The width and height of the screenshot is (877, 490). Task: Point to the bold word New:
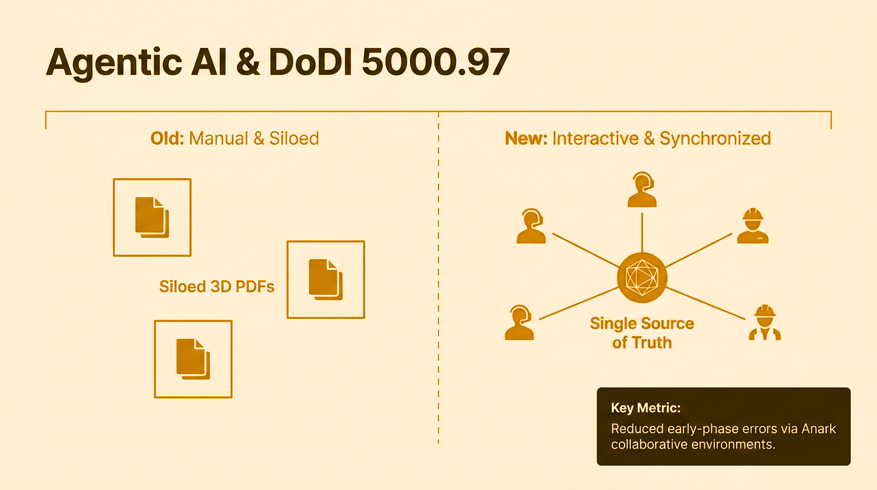point(526,138)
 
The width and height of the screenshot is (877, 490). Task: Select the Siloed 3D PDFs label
point(217,286)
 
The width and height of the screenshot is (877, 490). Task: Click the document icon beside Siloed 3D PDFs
point(326,279)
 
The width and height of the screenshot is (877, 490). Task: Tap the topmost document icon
point(152,217)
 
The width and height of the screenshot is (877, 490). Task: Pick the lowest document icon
point(193,359)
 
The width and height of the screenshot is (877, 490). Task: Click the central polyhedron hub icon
point(642,278)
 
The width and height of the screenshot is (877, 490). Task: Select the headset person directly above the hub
point(642,189)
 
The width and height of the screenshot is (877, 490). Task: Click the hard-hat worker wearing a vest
point(764,322)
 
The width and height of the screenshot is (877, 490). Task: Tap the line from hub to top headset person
point(642,233)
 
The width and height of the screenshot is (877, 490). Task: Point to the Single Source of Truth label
point(642,332)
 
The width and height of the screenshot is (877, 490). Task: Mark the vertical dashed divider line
point(438,287)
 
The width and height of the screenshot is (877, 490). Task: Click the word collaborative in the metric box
point(649,444)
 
